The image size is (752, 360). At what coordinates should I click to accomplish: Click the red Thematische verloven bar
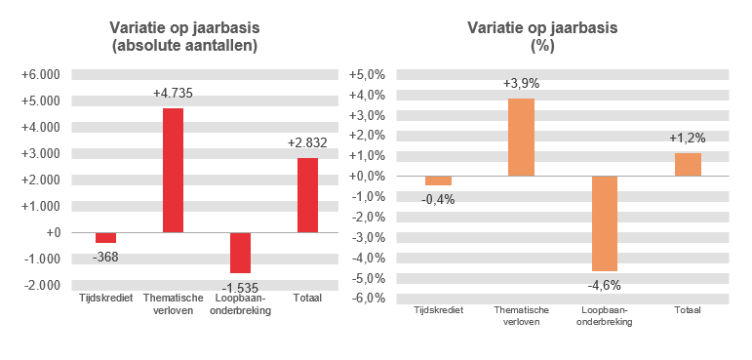tap(173, 170)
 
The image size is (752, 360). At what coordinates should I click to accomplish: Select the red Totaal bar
tap(307, 195)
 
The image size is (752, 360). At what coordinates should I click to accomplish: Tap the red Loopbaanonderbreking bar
tap(240, 253)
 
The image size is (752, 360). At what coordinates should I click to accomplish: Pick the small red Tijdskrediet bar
tap(105, 238)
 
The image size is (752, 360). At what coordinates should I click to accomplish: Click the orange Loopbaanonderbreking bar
tap(605, 223)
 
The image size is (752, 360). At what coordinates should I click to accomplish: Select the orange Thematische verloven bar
tap(521, 138)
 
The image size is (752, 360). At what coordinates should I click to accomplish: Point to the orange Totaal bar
tap(688, 165)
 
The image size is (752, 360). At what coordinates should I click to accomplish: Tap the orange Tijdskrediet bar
tap(438, 180)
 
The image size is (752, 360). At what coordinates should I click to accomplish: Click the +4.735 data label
tap(173, 94)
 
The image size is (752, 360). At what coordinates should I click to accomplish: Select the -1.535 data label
tap(239, 288)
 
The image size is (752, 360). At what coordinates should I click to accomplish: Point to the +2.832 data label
tap(307, 142)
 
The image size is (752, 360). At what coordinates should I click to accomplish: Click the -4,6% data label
tap(605, 286)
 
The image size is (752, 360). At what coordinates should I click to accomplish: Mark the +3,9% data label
tap(521, 84)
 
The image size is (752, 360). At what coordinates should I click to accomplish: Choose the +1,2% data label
tap(689, 138)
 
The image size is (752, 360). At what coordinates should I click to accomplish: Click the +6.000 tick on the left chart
tap(41, 74)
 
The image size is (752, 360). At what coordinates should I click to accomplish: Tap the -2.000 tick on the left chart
tap(42, 285)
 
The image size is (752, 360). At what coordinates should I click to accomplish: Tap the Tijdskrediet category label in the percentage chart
tap(438, 309)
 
